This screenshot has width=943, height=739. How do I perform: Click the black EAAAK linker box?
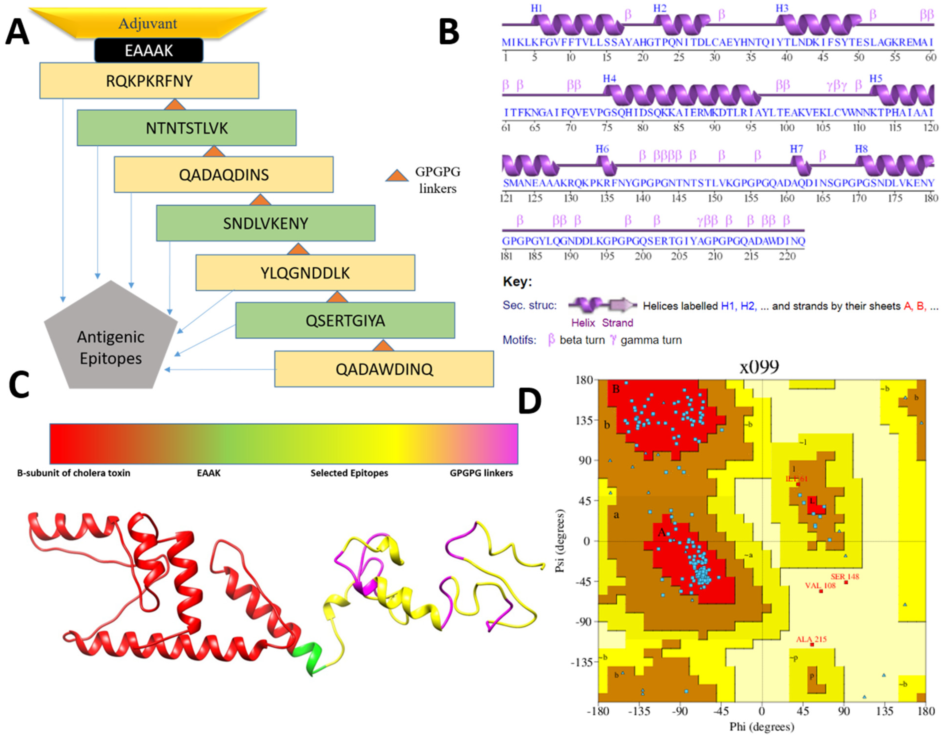(x=148, y=51)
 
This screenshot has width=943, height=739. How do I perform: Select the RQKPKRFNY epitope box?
(x=149, y=80)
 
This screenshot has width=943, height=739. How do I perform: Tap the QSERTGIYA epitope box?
(x=345, y=320)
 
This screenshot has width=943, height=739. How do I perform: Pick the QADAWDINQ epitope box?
(x=384, y=369)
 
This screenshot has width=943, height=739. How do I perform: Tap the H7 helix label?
(x=796, y=149)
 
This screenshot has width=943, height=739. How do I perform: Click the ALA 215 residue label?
(x=811, y=639)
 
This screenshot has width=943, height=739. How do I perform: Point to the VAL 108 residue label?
(x=820, y=585)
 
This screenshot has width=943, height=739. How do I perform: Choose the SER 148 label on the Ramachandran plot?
(x=844, y=576)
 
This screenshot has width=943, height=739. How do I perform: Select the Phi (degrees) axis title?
(x=762, y=726)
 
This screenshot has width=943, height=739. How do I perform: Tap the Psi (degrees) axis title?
(x=560, y=541)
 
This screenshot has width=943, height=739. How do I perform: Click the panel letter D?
(x=530, y=401)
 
